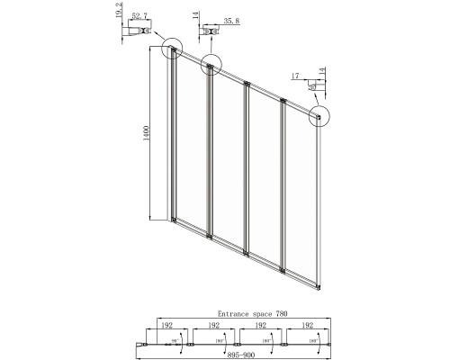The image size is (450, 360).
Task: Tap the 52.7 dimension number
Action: pos(138,17)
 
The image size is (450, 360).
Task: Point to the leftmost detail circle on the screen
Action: pos(170,49)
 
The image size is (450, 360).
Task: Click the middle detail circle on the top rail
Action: pos(211,64)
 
